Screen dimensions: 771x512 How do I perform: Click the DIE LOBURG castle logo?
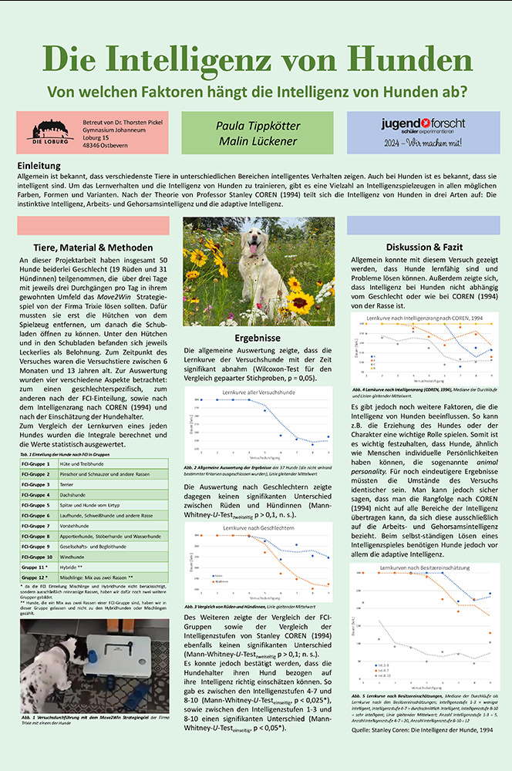pos(52,129)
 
